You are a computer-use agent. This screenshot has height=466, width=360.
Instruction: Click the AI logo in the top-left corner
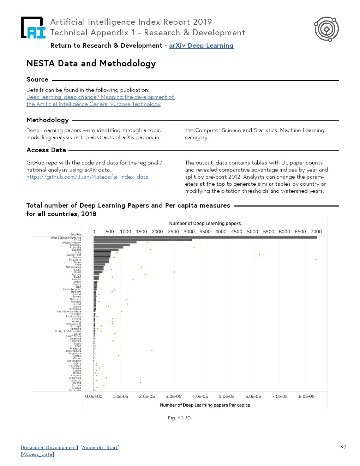33,28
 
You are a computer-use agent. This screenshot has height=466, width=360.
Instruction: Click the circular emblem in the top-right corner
326,29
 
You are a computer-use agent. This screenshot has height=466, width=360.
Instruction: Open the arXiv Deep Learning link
201,46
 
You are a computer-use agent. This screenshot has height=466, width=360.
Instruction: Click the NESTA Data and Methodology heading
91,64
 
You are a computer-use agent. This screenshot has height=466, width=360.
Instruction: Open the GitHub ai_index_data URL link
87,177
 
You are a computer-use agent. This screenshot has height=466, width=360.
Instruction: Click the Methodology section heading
48,120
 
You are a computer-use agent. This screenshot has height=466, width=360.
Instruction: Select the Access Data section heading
46,150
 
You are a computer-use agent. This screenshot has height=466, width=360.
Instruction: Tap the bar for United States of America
205,238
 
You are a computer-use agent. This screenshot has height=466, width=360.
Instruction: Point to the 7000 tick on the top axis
316,232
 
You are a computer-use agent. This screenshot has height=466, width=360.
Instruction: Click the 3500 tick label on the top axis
205,232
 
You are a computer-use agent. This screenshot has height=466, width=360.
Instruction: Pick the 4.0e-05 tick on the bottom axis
200,396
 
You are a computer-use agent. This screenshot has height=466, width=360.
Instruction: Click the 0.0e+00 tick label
94,396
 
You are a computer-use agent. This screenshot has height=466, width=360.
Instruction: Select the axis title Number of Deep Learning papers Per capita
205,405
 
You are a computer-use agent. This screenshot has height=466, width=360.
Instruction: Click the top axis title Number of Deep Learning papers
205,223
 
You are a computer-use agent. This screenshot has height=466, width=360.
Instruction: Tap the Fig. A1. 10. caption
180,418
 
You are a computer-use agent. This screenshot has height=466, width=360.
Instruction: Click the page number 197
342,447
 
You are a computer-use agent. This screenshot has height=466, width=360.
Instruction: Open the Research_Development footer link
50,448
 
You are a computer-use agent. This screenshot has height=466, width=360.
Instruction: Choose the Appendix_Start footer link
100,448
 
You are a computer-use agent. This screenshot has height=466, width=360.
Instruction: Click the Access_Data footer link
37,454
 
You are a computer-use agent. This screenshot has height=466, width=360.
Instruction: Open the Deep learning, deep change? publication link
100,97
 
